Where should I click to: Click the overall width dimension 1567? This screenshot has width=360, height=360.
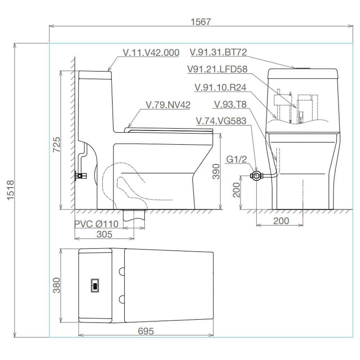pos(201,22)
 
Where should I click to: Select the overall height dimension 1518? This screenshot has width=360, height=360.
pos(10,190)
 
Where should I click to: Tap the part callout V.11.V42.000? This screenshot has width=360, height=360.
pos(151,53)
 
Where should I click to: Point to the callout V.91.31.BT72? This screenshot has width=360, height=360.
pos(219,52)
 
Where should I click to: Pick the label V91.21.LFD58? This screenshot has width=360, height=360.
pos(217,69)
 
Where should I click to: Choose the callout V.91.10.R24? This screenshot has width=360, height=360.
pos(220,87)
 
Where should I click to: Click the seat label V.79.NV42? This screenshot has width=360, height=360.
pos(168,105)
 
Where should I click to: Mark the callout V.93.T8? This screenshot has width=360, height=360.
pos(230,104)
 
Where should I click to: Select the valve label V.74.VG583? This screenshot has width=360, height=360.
pos(221,121)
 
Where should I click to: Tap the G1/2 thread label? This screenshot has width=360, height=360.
pos(237,159)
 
